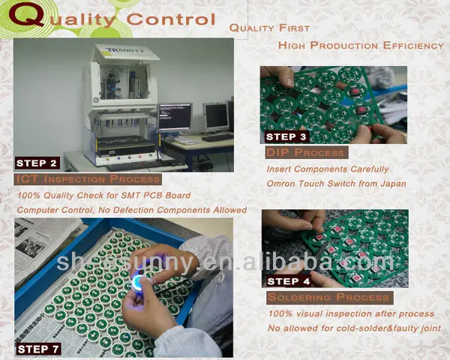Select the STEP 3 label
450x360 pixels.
pyautogui.click(x=286, y=136)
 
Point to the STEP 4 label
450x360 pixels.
pyautogui.click(x=288, y=281)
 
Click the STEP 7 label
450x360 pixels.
pyautogui.click(x=38, y=348)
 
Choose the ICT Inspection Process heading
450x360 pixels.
pyautogui.click(x=88, y=179)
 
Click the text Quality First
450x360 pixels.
pyautogui.click(x=269, y=28)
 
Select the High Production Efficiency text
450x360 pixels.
pyautogui.click(x=361, y=46)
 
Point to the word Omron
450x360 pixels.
pyautogui.click(x=284, y=184)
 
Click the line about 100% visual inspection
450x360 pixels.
pyautogui.click(x=350, y=313)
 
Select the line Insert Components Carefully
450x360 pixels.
pyautogui.click(x=328, y=169)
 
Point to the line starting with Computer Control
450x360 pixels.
pyautogui.click(x=131, y=210)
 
